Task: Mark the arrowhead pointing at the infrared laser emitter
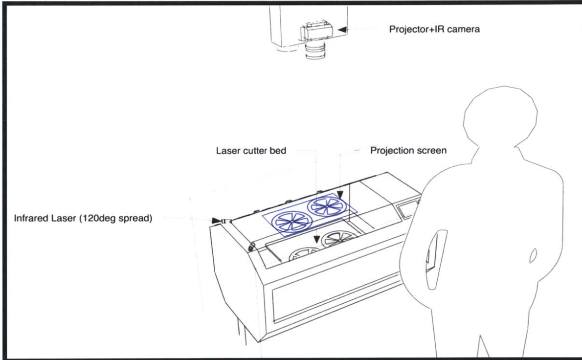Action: [216, 221]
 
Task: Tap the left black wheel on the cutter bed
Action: [304, 254]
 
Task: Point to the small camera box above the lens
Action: [317, 33]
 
